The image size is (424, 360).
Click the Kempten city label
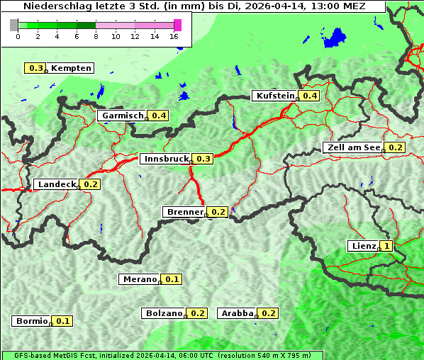pos(71,68)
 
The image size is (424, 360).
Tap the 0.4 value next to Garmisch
pos(158,116)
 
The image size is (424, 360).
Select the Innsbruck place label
pos(166,159)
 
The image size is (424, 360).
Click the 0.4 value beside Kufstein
pos(310,96)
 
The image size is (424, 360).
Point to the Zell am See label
pos(352,147)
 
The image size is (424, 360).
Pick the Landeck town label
pos(57,184)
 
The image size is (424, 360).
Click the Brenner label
pos(184,212)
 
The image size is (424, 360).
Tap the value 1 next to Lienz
pos(386,246)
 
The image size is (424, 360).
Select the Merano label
pos(139,279)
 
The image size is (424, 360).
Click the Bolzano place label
pos(164,313)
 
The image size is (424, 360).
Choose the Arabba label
pos(237,313)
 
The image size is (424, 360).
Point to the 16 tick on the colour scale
pos(174,36)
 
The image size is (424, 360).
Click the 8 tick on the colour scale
pos(96,36)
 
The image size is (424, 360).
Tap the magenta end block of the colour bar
pos(177,25)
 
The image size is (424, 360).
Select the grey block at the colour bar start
pos(14,25)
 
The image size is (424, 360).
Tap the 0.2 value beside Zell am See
pos(396,147)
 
